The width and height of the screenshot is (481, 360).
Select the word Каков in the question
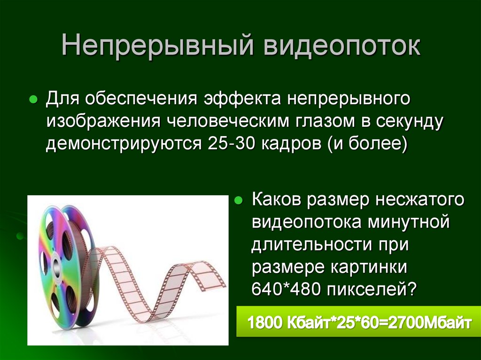[x=276, y=200]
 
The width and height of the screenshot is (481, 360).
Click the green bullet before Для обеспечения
[x=33, y=100]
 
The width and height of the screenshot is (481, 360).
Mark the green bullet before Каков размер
[x=238, y=201]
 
